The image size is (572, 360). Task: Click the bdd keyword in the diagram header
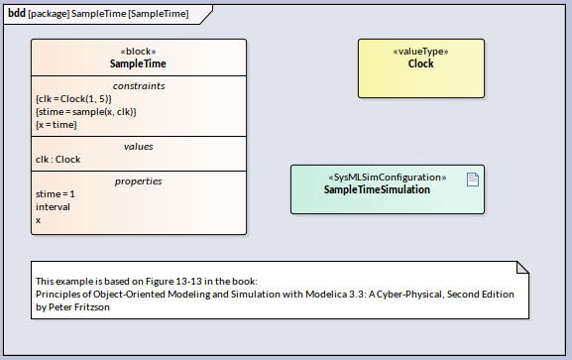17,12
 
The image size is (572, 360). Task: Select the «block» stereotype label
138,52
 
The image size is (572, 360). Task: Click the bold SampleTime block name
138,63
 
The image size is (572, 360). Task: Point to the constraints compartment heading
138,86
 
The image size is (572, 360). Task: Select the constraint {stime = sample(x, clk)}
85,112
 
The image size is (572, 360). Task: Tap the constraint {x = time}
56,125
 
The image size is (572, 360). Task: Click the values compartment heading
138,147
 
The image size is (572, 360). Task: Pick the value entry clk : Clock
57,160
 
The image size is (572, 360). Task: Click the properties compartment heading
138,181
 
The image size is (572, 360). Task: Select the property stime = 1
55,194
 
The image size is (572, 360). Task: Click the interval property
53,207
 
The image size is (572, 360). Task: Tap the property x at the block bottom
38,220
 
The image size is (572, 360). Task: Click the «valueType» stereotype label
420,52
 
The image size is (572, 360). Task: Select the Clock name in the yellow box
420,63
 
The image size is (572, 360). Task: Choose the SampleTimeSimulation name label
377,189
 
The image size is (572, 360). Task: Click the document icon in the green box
473,179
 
